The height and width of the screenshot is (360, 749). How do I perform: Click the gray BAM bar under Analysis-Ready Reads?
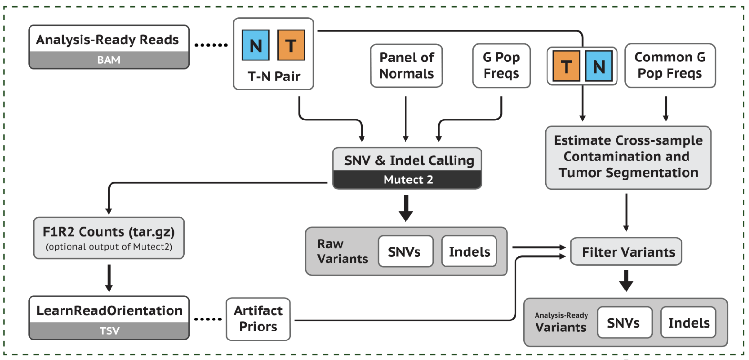click(x=109, y=60)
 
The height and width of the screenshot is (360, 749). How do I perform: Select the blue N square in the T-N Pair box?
click(x=255, y=45)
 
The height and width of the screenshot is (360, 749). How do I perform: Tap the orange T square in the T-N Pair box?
click(x=291, y=45)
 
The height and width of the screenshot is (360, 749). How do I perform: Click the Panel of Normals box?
click(x=406, y=66)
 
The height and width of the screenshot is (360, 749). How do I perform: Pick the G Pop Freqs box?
click(x=501, y=66)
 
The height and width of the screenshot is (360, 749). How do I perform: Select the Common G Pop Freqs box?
click(x=669, y=66)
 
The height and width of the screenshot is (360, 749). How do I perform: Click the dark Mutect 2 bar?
click(x=407, y=180)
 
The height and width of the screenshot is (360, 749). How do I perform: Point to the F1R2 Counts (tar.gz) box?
click(x=109, y=238)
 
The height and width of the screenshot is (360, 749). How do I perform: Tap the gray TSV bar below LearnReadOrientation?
click(x=109, y=331)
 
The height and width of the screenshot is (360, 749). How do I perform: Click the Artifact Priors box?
click(x=258, y=319)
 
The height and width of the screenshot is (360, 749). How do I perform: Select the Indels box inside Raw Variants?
click(x=469, y=251)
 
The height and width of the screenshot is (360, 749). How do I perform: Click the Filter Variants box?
click(x=626, y=251)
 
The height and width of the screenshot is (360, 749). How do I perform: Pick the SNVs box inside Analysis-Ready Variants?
click(x=624, y=323)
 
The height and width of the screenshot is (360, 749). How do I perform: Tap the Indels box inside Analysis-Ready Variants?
click(x=688, y=323)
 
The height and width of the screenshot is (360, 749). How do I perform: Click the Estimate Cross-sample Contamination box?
click(x=628, y=157)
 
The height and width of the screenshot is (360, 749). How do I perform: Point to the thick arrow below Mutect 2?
click(x=405, y=208)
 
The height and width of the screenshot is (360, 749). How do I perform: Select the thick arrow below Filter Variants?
click(x=626, y=280)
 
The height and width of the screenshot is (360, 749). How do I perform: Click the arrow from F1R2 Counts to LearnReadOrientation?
click(x=109, y=278)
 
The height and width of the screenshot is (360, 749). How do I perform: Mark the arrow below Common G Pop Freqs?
click(x=666, y=109)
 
